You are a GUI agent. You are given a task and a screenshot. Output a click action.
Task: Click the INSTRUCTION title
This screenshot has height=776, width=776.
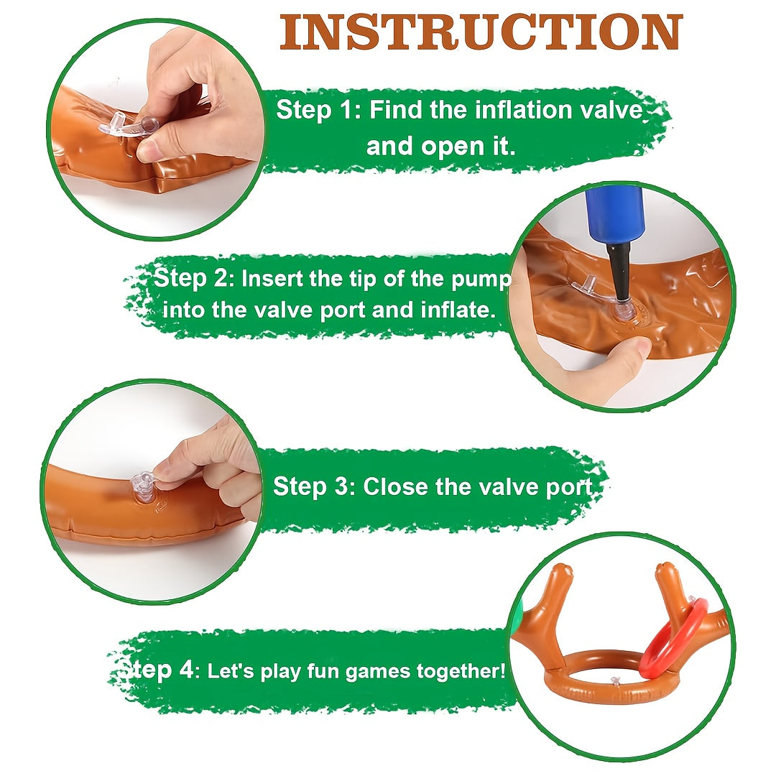point(481,32)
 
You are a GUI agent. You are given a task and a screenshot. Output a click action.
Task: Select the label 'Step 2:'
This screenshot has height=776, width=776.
point(193,279)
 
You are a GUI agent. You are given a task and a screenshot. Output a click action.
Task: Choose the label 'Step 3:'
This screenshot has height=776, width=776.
point(314,486)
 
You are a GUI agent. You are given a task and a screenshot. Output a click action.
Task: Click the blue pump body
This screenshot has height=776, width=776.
point(616,216)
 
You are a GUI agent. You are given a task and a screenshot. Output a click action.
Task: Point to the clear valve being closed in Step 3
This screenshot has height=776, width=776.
point(142,487)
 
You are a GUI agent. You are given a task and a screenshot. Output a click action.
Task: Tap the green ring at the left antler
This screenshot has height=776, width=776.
point(517,618)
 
